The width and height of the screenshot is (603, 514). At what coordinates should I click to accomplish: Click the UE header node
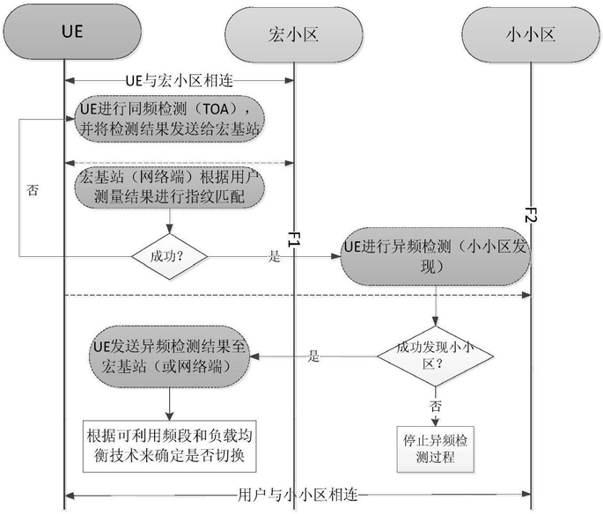click(x=72, y=32)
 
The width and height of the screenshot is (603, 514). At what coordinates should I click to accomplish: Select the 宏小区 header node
click(x=294, y=34)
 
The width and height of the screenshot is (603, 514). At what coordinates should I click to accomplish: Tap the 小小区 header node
click(x=531, y=34)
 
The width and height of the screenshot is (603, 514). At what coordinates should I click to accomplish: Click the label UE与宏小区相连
click(x=180, y=81)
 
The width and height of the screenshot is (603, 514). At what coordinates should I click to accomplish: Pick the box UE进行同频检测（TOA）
click(x=170, y=119)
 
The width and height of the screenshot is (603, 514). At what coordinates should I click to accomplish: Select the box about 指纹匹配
click(x=170, y=187)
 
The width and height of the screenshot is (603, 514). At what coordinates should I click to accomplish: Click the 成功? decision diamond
click(x=169, y=256)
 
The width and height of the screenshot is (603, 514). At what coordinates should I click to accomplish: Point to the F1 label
click(x=294, y=239)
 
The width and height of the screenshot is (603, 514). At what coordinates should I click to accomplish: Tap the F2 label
click(x=531, y=215)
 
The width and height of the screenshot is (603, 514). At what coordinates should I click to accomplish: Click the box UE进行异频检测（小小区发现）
click(x=436, y=256)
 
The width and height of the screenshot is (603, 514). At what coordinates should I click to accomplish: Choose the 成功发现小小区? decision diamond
click(x=436, y=356)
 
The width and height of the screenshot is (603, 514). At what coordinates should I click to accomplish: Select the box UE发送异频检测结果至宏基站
click(x=170, y=356)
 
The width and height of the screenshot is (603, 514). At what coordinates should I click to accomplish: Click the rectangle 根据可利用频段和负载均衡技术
click(x=170, y=446)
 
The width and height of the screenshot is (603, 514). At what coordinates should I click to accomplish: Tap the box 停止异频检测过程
click(x=436, y=449)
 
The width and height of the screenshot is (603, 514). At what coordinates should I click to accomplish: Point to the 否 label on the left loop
click(x=33, y=190)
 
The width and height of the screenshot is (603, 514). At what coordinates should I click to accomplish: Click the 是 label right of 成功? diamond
click(x=274, y=256)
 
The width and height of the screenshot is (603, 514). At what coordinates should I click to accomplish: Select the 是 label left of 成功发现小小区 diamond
click(x=313, y=356)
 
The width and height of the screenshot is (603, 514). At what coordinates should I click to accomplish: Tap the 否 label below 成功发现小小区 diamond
click(x=436, y=406)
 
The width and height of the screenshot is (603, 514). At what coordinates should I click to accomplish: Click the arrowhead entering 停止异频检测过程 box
click(x=436, y=422)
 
